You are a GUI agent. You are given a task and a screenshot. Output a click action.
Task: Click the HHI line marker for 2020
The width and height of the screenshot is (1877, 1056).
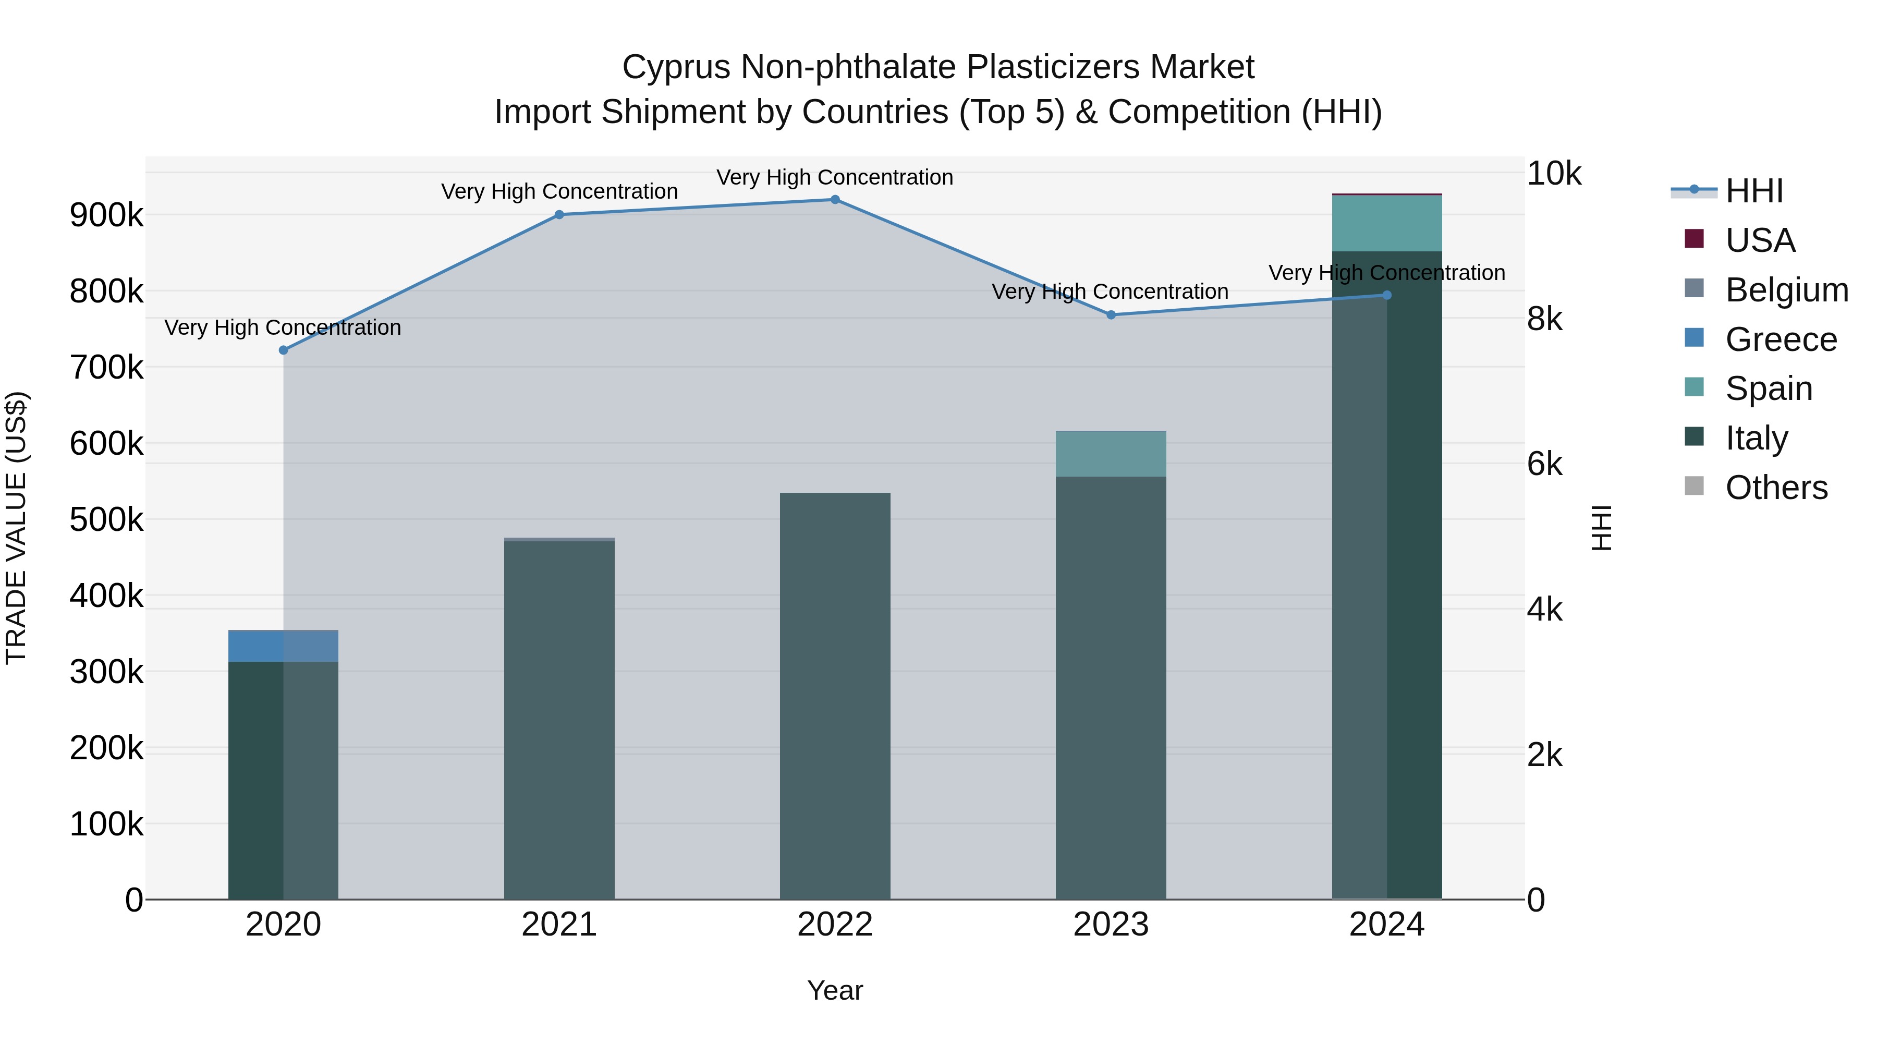point(284,350)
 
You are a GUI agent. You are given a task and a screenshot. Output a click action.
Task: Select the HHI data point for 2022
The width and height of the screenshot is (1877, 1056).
point(835,200)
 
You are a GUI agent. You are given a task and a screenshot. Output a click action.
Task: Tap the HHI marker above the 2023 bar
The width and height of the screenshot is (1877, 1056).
point(1111,315)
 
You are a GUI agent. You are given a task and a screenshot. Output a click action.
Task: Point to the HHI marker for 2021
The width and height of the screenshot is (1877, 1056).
point(559,214)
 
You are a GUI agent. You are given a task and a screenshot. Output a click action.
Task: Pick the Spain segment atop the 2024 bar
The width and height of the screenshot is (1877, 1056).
point(1386,223)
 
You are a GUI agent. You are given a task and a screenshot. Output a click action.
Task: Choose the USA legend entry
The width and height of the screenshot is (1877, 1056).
point(1759,240)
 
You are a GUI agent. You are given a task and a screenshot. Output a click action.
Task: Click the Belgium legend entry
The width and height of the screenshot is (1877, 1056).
point(1785,290)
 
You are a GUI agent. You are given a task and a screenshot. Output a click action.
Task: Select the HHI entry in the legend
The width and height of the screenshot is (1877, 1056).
point(1753,191)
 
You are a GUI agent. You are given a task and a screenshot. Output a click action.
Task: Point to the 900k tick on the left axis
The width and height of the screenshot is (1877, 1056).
point(106,215)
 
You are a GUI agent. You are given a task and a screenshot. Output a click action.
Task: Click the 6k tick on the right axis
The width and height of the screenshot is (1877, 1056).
point(1544,464)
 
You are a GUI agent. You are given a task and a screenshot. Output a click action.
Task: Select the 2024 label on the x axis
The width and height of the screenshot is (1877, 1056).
point(1386,925)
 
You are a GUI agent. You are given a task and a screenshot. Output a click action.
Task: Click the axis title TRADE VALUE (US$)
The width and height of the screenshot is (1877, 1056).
point(16,528)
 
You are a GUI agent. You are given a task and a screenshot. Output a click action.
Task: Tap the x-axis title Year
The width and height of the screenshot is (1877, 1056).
point(835,990)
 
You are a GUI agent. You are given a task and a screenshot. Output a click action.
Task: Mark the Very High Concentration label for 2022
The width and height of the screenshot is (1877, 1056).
point(835,177)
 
